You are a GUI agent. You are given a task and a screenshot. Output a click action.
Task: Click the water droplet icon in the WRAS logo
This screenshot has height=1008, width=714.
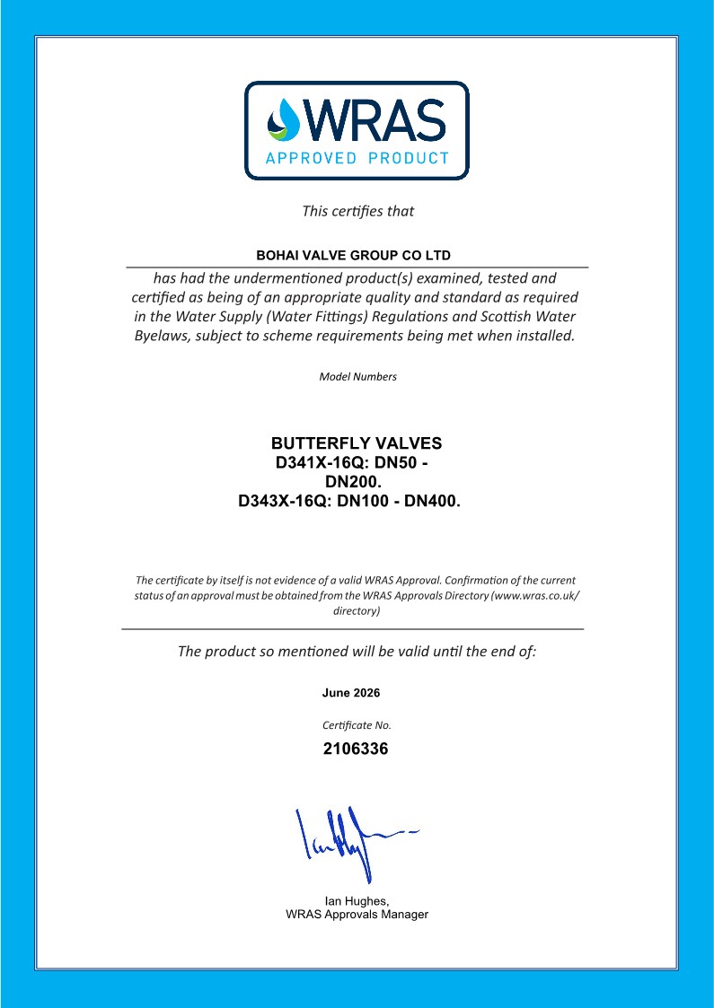click(x=286, y=119)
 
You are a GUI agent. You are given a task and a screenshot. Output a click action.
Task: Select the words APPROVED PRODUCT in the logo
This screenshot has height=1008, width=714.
click(x=357, y=159)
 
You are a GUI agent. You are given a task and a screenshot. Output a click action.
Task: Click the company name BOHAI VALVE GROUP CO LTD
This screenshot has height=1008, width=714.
click(x=357, y=256)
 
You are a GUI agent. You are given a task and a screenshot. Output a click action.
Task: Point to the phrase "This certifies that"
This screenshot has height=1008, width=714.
click(x=357, y=212)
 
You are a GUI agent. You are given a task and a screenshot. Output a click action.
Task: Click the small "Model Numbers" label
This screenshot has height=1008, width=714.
click(x=357, y=377)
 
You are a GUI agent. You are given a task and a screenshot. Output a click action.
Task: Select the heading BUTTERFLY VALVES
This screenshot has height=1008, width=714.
click(x=357, y=444)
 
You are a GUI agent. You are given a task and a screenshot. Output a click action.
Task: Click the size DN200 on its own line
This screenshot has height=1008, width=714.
click(x=356, y=483)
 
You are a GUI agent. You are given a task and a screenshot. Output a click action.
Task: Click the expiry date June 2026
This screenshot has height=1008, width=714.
click(x=351, y=693)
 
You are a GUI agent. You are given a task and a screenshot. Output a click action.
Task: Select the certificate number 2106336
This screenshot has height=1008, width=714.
click(x=356, y=749)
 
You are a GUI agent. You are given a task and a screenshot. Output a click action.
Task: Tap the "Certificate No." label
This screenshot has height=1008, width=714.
click(x=357, y=724)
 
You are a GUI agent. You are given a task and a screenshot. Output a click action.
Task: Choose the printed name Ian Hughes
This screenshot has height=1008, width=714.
click(x=356, y=901)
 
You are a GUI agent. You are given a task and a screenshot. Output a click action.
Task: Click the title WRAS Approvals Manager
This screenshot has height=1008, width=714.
click(x=357, y=915)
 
